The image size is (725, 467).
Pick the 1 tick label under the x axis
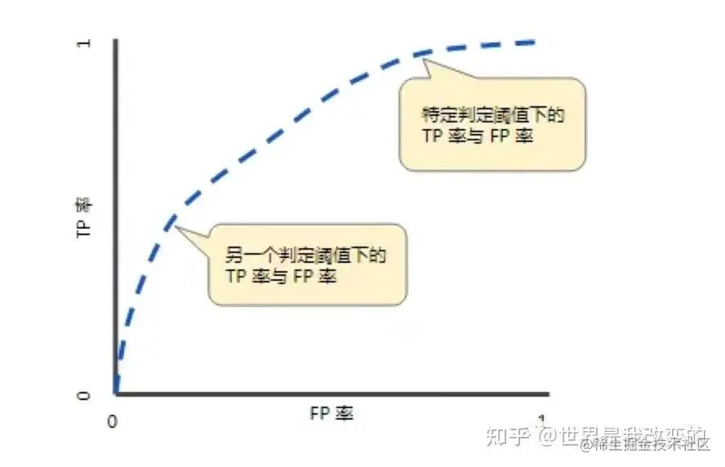(540, 421)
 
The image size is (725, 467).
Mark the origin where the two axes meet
(117, 394)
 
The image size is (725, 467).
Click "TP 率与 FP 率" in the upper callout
(476, 136)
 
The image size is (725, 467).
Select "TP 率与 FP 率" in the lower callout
(281, 278)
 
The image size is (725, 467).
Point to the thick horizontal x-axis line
(327, 395)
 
